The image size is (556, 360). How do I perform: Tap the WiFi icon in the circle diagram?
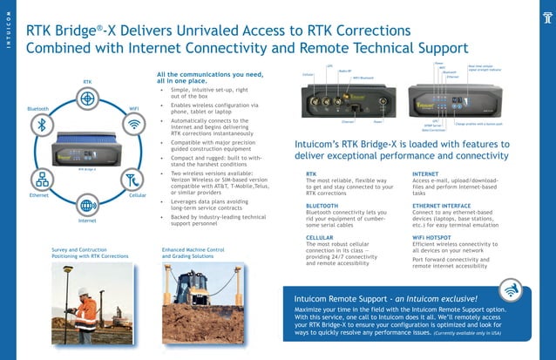[134, 124]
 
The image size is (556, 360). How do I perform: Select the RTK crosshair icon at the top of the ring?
[87, 98]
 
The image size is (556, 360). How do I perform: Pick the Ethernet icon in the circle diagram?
[42, 180]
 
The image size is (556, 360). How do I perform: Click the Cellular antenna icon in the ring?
[132, 180]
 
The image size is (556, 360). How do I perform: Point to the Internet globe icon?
[87, 206]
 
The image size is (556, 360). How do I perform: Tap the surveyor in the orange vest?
[88, 309]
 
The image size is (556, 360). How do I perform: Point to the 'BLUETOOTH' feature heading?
[323, 205]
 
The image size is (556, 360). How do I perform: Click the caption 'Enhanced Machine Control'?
[193, 250]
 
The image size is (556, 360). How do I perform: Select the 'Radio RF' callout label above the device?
[344, 71]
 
